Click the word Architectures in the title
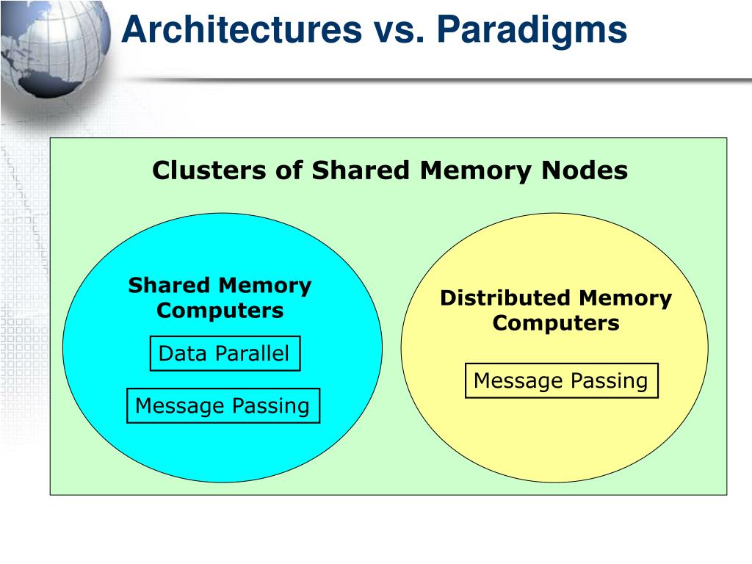242,29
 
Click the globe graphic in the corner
54,47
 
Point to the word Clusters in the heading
209,170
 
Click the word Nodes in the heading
584,170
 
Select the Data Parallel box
225,353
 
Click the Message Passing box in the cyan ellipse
223,405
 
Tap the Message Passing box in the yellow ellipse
562,381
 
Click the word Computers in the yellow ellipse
556,323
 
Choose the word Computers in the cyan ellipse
220,311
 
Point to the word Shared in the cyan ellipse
169,286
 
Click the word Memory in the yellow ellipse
626,299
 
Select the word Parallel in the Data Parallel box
252,353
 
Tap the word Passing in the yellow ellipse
609,381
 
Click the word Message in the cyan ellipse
179,406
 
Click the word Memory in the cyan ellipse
265,286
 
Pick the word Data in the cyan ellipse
184,353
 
